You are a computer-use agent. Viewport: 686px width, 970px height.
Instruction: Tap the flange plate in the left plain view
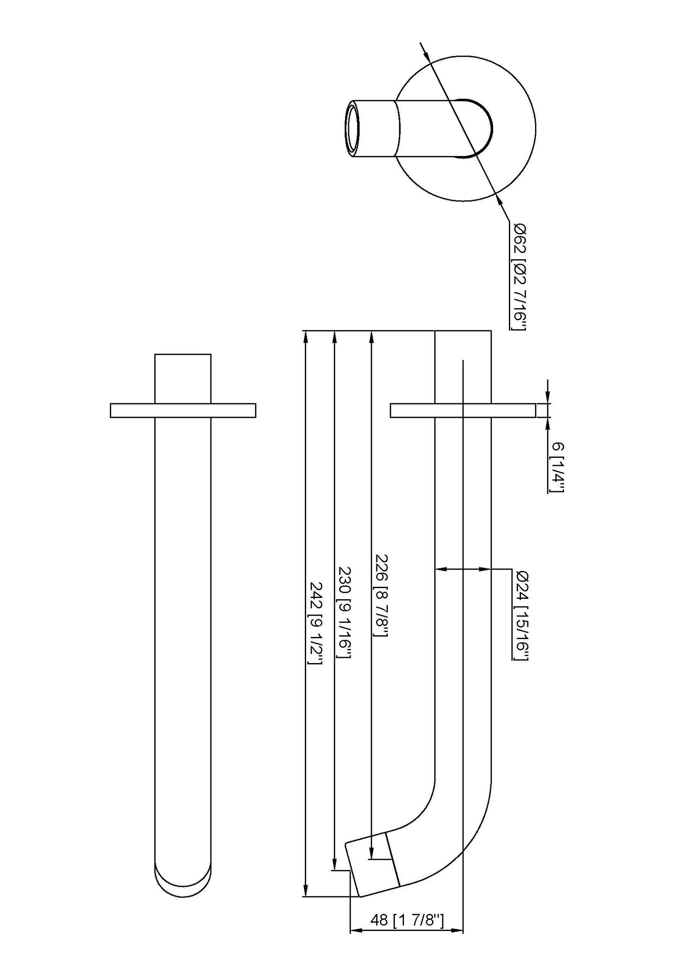[183, 410]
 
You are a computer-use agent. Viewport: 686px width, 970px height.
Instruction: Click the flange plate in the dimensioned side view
[463, 410]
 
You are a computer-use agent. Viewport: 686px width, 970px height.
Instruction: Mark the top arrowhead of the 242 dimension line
[305, 337]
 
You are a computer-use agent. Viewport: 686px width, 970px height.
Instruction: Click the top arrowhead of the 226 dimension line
[371, 337]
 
